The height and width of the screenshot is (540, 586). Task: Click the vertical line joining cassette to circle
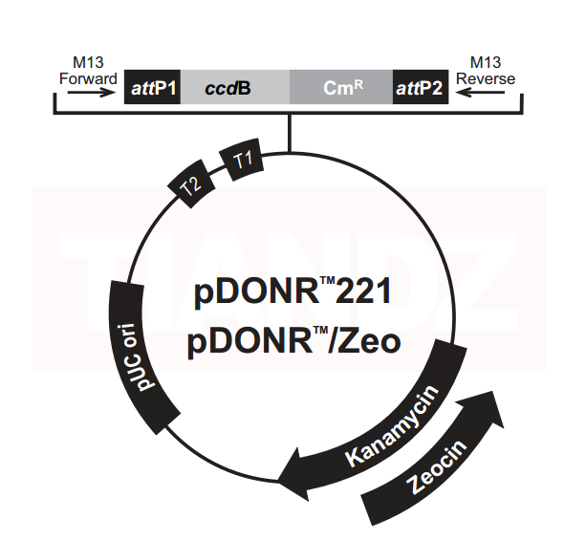(291, 133)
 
